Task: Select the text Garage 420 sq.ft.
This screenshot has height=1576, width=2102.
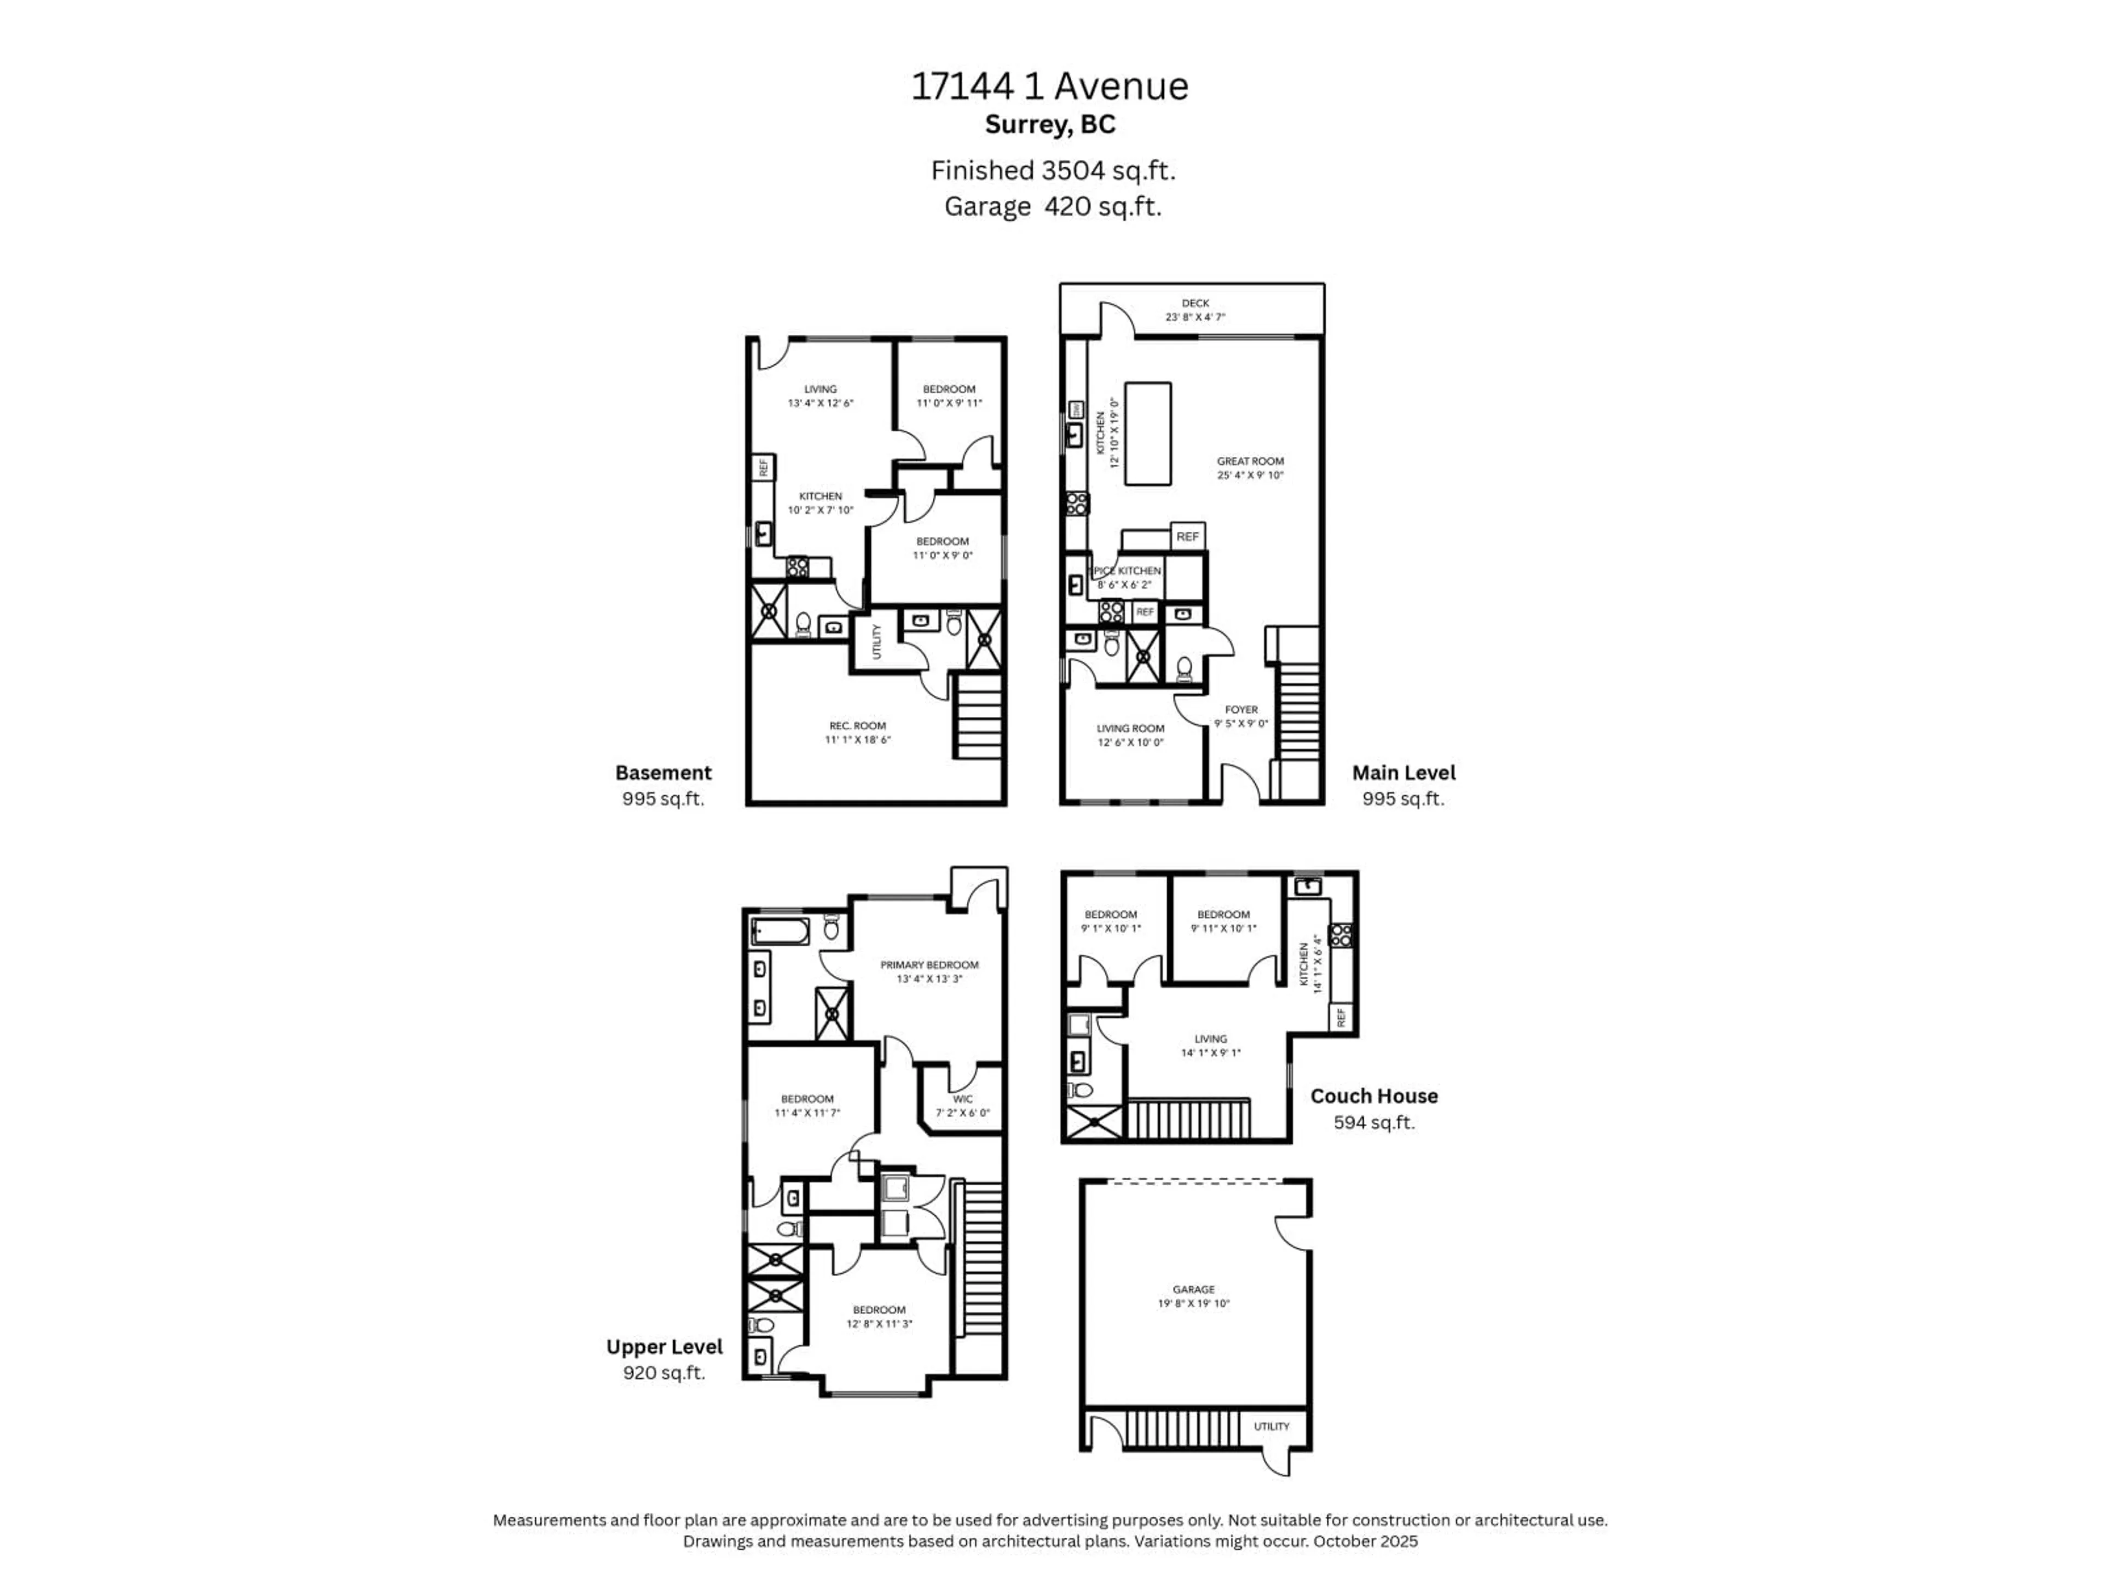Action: [x=1052, y=206]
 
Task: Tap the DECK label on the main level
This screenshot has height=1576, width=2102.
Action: [x=1194, y=303]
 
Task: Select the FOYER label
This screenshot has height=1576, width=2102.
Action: [x=1240, y=710]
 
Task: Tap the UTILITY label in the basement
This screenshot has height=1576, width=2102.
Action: [x=876, y=641]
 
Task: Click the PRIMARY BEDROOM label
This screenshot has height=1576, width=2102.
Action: [x=928, y=964]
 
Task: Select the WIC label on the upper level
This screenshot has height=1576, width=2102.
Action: [x=963, y=1099]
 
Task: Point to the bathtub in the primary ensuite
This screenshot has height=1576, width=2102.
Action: [x=780, y=931]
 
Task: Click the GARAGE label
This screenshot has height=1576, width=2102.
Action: [x=1193, y=1289]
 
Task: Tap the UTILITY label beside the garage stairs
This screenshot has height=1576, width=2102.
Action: [x=1271, y=1426]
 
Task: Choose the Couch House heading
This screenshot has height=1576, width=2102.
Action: [x=1373, y=1096]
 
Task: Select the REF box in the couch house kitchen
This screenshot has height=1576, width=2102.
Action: [x=1341, y=1017]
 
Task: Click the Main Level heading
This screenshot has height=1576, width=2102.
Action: [x=1402, y=772]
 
